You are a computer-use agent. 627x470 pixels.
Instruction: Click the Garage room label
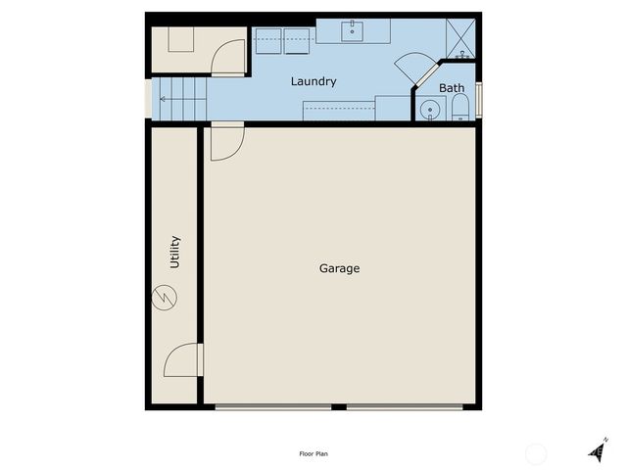(339, 268)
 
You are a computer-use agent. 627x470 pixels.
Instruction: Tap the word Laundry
(313, 81)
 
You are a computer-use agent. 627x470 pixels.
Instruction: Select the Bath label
(452, 88)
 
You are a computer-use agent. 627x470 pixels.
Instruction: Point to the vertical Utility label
(175, 252)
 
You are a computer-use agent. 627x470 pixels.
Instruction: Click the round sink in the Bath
(427, 110)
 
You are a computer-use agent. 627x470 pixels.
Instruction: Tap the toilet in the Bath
(460, 108)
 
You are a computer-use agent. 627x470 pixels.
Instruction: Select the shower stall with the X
(459, 37)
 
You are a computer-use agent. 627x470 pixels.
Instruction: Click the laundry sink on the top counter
(352, 31)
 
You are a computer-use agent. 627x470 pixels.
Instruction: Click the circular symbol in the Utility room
(165, 296)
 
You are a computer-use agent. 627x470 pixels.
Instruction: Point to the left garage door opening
(273, 406)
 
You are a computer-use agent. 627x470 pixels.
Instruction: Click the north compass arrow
(599, 448)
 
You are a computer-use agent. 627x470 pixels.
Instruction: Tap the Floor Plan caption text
(313, 453)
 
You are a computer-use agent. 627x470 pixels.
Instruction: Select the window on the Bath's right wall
(478, 103)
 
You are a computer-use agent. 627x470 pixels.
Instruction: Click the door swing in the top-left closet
(228, 57)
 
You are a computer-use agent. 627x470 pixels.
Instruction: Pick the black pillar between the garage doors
(339, 406)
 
